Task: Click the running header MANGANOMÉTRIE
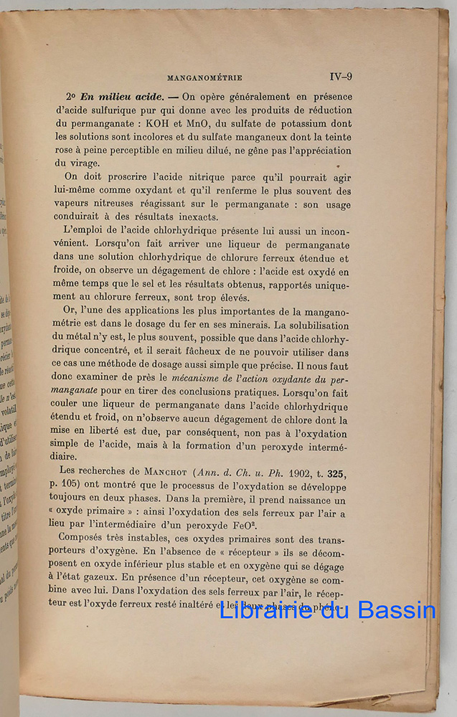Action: pos(204,77)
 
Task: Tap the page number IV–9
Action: pos(340,77)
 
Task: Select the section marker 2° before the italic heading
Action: pos(70,97)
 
